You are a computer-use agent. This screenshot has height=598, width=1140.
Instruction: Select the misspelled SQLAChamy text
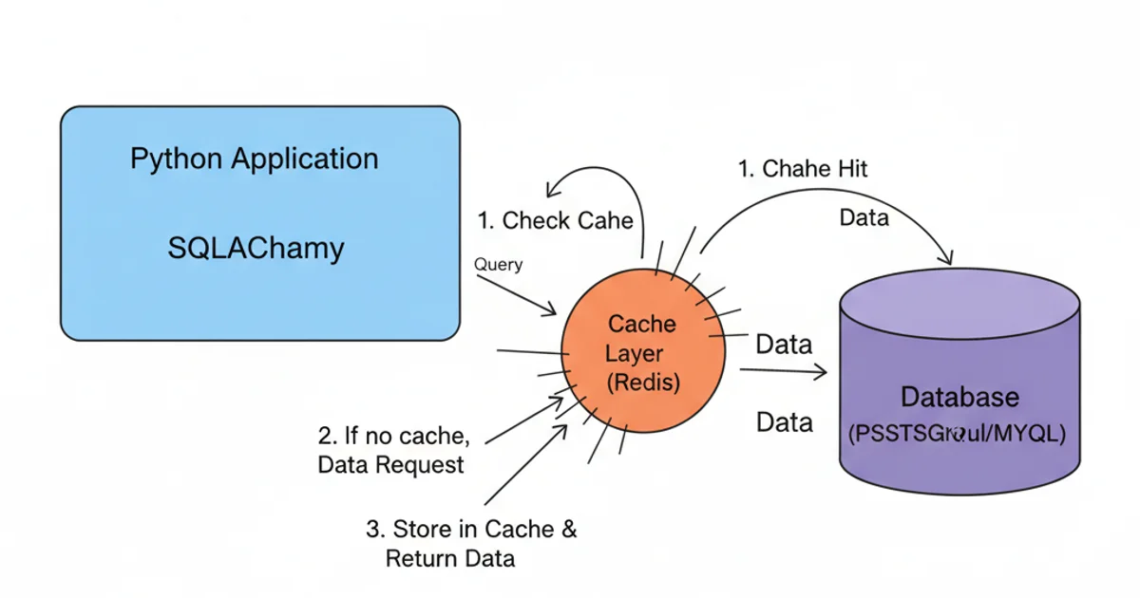click(x=255, y=249)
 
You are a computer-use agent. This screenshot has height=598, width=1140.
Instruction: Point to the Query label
click(x=498, y=265)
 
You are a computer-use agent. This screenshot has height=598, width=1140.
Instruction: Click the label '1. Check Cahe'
click(x=555, y=221)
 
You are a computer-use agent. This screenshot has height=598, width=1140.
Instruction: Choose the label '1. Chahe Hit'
click(x=803, y=169)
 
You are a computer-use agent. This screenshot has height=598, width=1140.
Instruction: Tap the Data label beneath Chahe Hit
click(x=864, y=218)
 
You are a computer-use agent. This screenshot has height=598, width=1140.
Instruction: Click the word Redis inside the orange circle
click(x=643, y=383)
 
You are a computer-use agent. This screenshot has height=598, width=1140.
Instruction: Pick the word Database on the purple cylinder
click(x=959, y=397)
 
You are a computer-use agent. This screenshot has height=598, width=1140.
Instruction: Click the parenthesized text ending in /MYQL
click(x=958, y=433)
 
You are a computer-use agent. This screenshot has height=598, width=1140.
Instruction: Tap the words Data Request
click(x=390, y=465)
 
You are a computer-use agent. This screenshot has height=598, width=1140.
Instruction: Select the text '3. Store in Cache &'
click(x=471, y=529)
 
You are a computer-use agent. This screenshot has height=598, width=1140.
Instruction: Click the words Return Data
click(x=450, y=558)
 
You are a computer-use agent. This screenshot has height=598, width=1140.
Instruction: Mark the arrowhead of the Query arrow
click(x=551, y=310)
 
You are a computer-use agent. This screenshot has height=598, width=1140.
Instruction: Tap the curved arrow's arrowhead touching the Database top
click(x=946, y=258)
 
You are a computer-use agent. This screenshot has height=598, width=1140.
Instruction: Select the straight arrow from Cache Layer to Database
click(x=784, y=372)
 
